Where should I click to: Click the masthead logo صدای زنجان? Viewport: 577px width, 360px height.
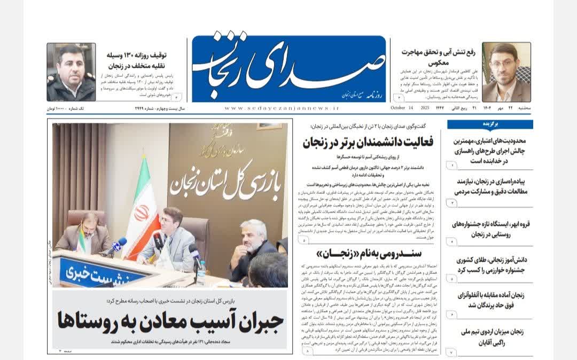point(288,67)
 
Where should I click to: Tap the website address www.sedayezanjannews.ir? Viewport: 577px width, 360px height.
point(282,108)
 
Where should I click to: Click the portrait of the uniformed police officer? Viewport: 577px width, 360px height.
point(71,72)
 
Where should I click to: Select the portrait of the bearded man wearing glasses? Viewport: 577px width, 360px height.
point(506,72)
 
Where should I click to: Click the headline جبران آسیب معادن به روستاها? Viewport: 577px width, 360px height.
point(170,321)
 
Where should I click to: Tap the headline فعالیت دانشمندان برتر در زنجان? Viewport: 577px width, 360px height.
point(368,143)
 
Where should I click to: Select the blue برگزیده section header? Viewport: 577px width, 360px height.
point(490,124)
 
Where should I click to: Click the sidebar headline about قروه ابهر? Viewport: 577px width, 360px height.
point(490,228)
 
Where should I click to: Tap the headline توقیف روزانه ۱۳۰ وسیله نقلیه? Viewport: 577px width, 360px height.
point(137,60)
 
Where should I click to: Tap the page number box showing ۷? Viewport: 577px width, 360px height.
point(451,353)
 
